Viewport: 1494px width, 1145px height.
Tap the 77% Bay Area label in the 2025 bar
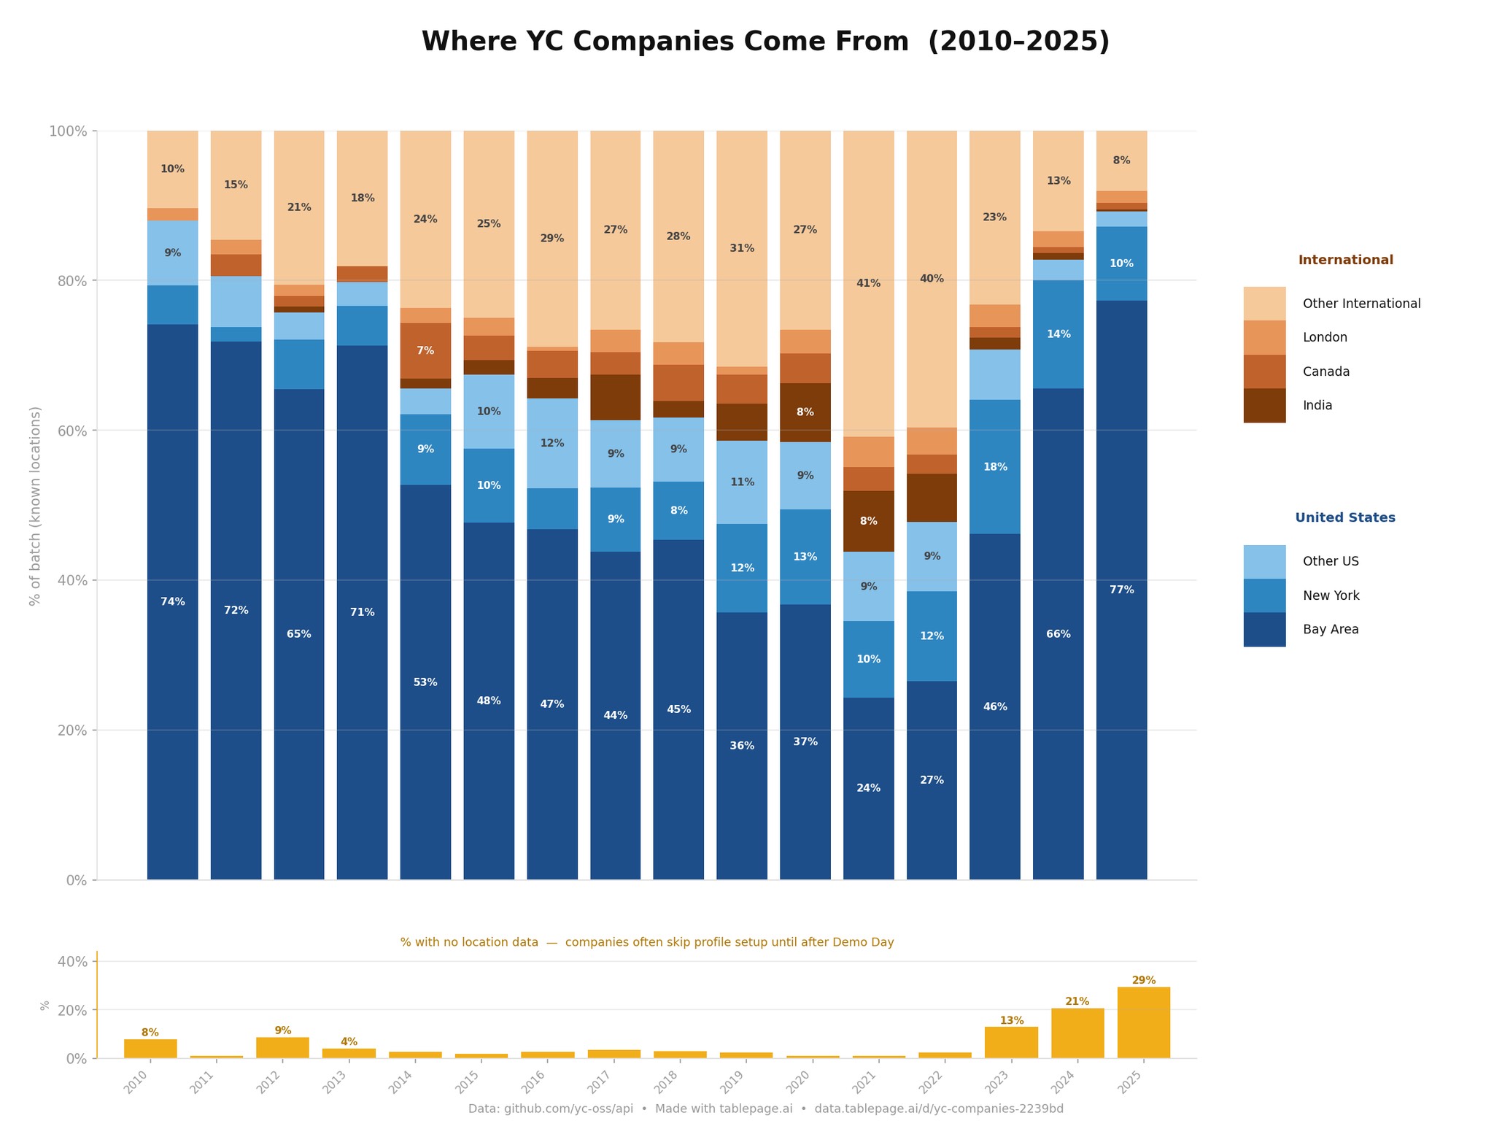click(1120, 590)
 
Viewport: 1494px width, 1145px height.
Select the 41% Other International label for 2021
click(868, 283)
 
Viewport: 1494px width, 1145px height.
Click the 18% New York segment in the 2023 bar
click(994, 467)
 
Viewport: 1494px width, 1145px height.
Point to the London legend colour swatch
click(1264, 337)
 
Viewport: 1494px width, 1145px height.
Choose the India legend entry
click(1317, 406)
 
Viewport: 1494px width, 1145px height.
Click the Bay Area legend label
click(1330, 630)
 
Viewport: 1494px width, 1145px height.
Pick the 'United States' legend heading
click(1344, 518)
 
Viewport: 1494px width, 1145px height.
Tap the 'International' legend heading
click(1345, 261)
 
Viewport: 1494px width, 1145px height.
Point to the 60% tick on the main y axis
click(71, 431)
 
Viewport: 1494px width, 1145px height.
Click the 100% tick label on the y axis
click(68, 131)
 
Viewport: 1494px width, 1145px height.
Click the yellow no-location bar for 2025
click(1143, 1022)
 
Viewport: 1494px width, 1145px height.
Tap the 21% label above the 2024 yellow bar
click(1077, 1001)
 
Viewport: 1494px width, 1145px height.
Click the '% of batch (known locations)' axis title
click(35, 506)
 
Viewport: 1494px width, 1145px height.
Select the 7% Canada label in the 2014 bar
click(425, 351)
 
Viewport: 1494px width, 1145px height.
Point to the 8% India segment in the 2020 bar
click(805, 412)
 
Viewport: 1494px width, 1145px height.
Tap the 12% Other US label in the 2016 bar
click(551, 443)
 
